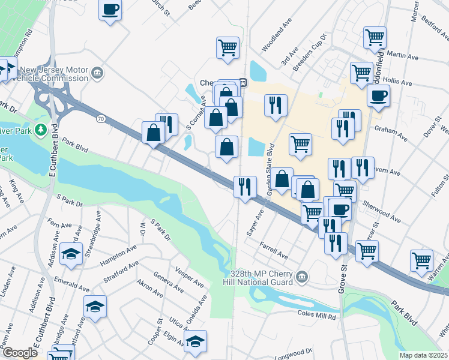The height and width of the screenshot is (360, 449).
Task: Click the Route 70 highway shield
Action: click(100, 119)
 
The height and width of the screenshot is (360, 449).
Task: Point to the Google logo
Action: click(19, 353)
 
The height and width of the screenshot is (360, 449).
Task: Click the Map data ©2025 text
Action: click(423, 355)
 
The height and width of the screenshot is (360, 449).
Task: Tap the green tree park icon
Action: click(40, 129)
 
